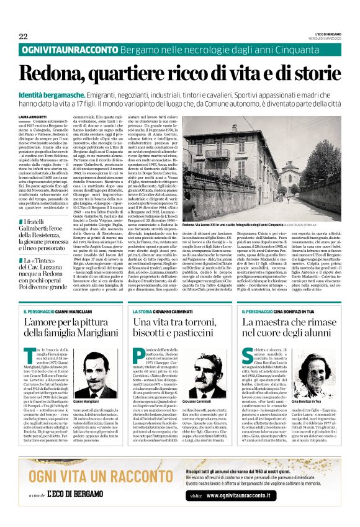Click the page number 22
(x=23, y=37)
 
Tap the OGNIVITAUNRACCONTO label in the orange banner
(x=69, y=50)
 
